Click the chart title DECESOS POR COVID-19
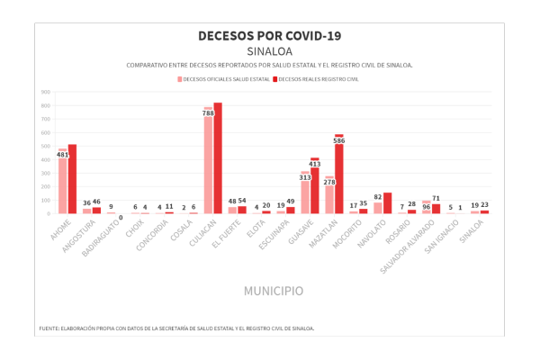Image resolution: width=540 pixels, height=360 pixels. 269,36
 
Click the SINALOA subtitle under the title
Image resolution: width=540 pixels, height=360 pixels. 269,51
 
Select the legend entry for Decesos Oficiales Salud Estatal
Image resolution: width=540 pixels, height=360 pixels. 225,79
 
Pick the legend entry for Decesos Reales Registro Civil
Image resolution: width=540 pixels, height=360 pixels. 319,79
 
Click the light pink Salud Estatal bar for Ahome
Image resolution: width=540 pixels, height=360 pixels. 62,184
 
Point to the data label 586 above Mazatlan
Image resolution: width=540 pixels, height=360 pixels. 338,140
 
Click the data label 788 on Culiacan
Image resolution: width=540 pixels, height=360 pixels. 208,113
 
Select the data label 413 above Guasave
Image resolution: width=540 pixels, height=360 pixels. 315,164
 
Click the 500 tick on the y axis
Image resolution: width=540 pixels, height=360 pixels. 45,146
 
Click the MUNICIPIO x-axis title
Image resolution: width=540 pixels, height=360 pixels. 274,291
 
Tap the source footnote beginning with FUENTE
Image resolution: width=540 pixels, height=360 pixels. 176,328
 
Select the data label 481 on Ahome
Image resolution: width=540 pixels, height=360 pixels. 62,155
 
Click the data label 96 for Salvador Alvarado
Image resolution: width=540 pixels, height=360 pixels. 427,206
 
